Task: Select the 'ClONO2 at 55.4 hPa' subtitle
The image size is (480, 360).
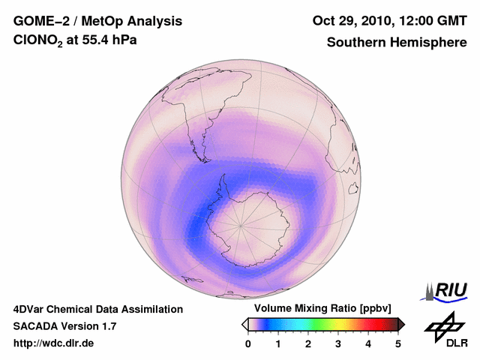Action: coord(75,43)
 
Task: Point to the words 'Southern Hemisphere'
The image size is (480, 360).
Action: coord(397,43)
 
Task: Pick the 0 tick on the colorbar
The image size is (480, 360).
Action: coord(248,343)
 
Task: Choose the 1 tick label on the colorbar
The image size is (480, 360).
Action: coord(278,343)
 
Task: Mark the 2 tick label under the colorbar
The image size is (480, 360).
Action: coord(308,343)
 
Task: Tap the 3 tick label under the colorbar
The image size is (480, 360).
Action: coord(338,343)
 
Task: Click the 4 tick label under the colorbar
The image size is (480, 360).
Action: coord(368,343)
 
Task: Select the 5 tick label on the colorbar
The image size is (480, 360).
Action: coord(398,343)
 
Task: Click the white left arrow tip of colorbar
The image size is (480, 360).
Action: coord(244,324)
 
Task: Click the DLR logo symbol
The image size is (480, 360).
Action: coord(444,324)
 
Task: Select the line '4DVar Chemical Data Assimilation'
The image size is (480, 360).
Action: coord(98,309)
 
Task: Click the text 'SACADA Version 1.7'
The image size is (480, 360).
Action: coord(64,326)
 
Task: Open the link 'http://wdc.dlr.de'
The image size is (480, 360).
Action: coord(54,343)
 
